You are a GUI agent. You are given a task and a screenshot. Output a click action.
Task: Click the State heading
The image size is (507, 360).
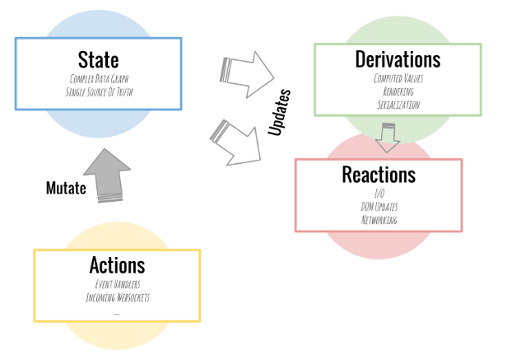pos(98,60)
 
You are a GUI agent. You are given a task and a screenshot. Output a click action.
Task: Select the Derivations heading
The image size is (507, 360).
pos(398,59)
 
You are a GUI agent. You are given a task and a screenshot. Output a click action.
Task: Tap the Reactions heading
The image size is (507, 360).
pos(379,175)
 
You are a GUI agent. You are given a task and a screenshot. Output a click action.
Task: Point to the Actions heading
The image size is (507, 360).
pos(117,265)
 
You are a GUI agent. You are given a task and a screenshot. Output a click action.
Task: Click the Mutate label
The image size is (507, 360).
pos(66,188)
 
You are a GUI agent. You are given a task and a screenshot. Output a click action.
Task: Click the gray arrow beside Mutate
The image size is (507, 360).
pos(109,175)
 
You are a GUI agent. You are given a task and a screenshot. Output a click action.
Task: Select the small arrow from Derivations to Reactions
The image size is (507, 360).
pos(387,137)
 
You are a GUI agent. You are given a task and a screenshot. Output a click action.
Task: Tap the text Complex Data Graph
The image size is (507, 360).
pos(98,78)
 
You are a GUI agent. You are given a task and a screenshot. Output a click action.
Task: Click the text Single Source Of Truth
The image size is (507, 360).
pos(98,91)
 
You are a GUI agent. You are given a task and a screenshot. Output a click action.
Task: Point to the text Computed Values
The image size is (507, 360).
pos(398,79)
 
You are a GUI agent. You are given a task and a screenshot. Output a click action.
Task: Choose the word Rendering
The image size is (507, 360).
pos(398,91)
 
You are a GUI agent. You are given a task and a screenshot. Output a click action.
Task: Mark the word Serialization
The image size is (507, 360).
pos(398,105)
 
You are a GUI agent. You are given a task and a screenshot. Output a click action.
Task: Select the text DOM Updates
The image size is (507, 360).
pos(379,208)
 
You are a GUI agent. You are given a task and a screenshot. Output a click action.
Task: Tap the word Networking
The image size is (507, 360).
pos(379,221)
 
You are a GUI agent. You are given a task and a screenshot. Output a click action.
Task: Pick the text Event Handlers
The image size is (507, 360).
pos(117,284)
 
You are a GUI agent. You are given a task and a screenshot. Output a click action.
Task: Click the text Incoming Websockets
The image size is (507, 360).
pos(117,297)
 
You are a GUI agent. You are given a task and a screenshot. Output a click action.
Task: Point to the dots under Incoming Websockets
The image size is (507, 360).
pos(117,312)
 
